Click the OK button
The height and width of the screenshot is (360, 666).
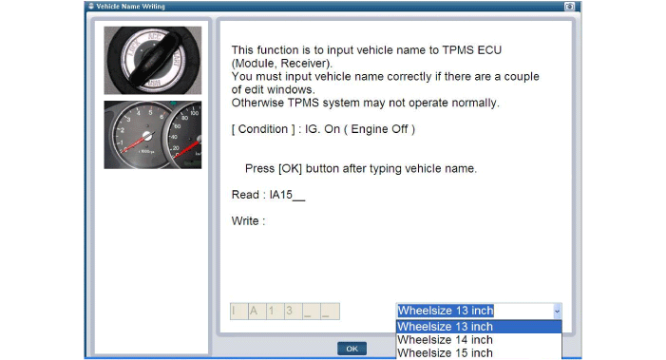pyautogui.click(x=352, y=349)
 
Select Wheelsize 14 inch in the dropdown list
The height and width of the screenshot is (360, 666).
pyautogui.click(x=445, y=340)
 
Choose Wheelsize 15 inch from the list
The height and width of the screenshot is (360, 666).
pyautogui.click(x=445, y=352)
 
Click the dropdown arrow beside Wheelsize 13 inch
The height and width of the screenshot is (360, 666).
pyautogui.click(x=557, y=312)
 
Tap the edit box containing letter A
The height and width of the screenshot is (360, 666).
pyautogui.click(x=257, y=312)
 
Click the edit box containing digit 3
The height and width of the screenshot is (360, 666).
pyautogui.click(x=293, y=312)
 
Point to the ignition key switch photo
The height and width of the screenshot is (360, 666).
pyautogui.click(x=153, y=60)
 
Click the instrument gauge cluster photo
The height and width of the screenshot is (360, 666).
pyautogui.click(x=153, y=135)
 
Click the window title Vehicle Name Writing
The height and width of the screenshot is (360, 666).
pyautogui.click(x=130, y=7)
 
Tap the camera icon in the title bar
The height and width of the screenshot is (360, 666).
pyautogui.click(x=569, y=7)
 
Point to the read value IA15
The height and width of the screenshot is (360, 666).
pyautogui.click(x=281, y=195)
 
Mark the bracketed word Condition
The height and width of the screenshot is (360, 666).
pyautogui.click(x=263, y=129)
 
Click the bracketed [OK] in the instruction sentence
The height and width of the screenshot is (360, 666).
pyautogui.click(x=290, y=168)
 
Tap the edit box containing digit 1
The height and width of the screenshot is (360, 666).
pyautogui.click(x=276, y=312)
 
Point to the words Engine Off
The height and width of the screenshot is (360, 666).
pyautogui.click(x=379, y=129)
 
